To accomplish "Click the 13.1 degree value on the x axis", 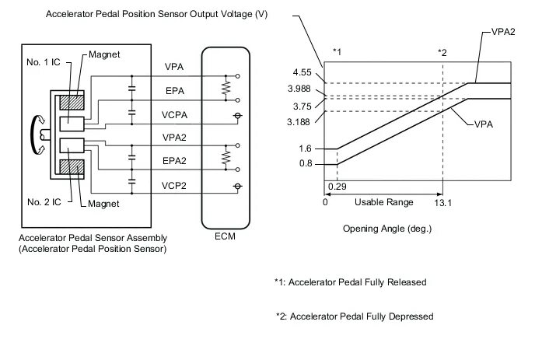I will pyautogui.click(x=442, y=202).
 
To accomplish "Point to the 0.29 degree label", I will pyautogui.click(x=337, y=187).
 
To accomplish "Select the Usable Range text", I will pyautogui.click(x=379, y=202).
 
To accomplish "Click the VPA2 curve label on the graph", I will pyautogui.click(x=505, y=34).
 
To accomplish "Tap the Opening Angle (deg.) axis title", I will pyautogui.click(x=386, y=229).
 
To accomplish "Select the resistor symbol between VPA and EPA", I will pyautogui.click(x=226, y=87).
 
